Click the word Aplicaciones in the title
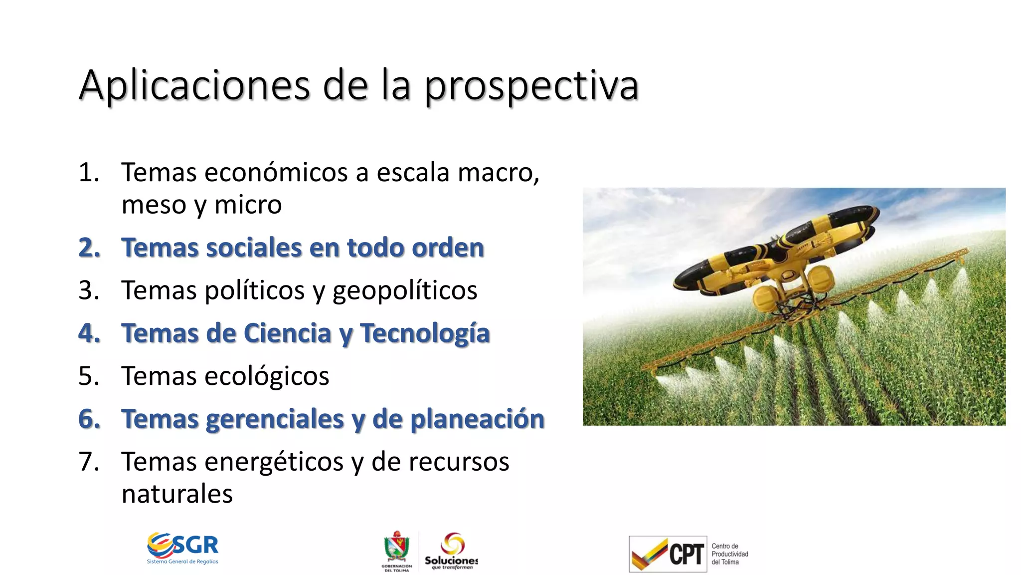click(x=194, y=86)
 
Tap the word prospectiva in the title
click(x=531, y=86)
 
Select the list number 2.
click(x=89, y=248)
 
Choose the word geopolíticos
click(x=405, y=290)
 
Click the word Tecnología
click(x=425, y=333)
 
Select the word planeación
click(x=477, y=419)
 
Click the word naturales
click(x=177, y=494)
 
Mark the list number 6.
click(x=89, y=419)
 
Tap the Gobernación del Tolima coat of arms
click(x=397, y=548)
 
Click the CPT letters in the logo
click(x=686, y=554)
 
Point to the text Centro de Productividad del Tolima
click(x=729, y=554)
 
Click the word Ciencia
click(x=287, y=333)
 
